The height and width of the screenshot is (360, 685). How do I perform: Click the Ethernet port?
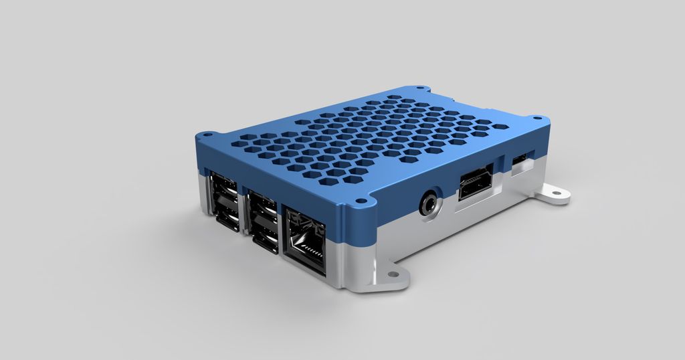tap(305, 240)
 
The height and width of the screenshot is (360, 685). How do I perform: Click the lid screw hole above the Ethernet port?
tap(361, 200)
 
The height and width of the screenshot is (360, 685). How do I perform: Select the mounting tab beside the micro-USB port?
tap(554, 195)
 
